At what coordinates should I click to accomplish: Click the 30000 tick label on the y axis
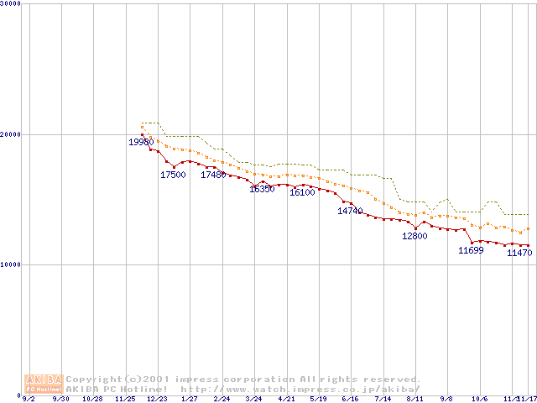coord(12,4)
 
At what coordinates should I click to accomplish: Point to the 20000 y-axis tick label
coord(12,134)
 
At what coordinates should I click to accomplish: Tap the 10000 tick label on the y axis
coord(12,264)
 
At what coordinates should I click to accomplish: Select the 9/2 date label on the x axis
coord(29,399)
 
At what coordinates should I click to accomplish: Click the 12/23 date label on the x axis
coord(158,399)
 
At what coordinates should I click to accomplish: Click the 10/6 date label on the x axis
coord(479,399)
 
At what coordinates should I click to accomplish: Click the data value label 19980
coord(141,143)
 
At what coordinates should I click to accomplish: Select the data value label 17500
coord(173,175)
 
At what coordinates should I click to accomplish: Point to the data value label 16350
coord(262,190)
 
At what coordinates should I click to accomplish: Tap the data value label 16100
coord(302,193)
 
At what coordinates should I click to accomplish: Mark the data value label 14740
coord(350,212)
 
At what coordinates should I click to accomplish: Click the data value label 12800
coord(414,237)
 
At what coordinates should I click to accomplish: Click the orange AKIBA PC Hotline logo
coord(44,384)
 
